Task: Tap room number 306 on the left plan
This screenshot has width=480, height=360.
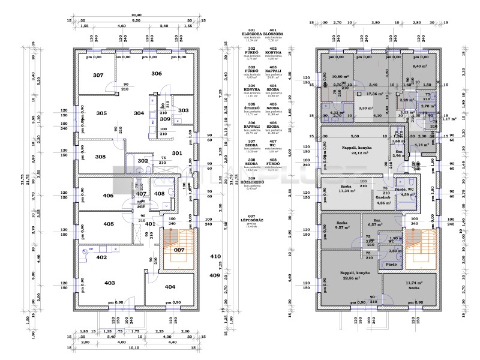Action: (157, 73)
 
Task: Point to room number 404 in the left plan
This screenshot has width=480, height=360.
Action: (170, 287)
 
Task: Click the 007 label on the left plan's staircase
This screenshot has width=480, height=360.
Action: (179, 249)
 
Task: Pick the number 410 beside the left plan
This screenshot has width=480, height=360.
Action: (215, 256)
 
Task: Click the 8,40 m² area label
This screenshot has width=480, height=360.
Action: (419, 67)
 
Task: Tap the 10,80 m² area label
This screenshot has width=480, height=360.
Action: (340, 77)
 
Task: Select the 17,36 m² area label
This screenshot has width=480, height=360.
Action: (375, 94)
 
